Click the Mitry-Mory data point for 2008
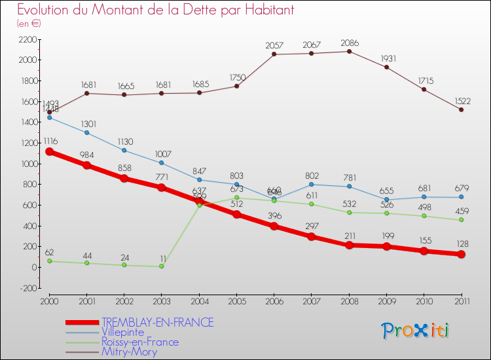click(x=349, y=51)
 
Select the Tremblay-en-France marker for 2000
click(x=49, y=152)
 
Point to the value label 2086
click(x=349, y=43)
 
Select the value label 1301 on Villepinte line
click(x=86, y=124)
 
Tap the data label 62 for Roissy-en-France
click(x=49, y=253)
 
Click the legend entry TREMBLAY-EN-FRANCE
click(x=157, y=322)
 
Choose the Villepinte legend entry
click(x=122, y=332)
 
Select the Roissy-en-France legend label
click(x=139, y=342)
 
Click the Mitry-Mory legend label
click(x=129, y=351)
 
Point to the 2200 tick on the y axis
click(x=28, y=39)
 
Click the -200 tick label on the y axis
click(x=28, y=288)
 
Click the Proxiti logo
click(x=416, y=331)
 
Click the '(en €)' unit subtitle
click(x=29, y=23)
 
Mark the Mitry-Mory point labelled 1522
click(x=461, y=109)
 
